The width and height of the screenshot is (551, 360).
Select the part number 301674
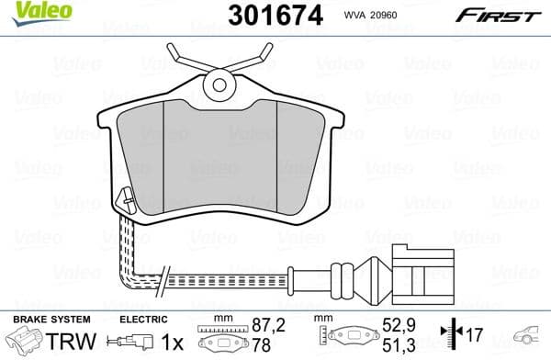262,16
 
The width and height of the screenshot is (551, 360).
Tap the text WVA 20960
371,17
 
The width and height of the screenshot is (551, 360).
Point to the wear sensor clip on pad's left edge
126,197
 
